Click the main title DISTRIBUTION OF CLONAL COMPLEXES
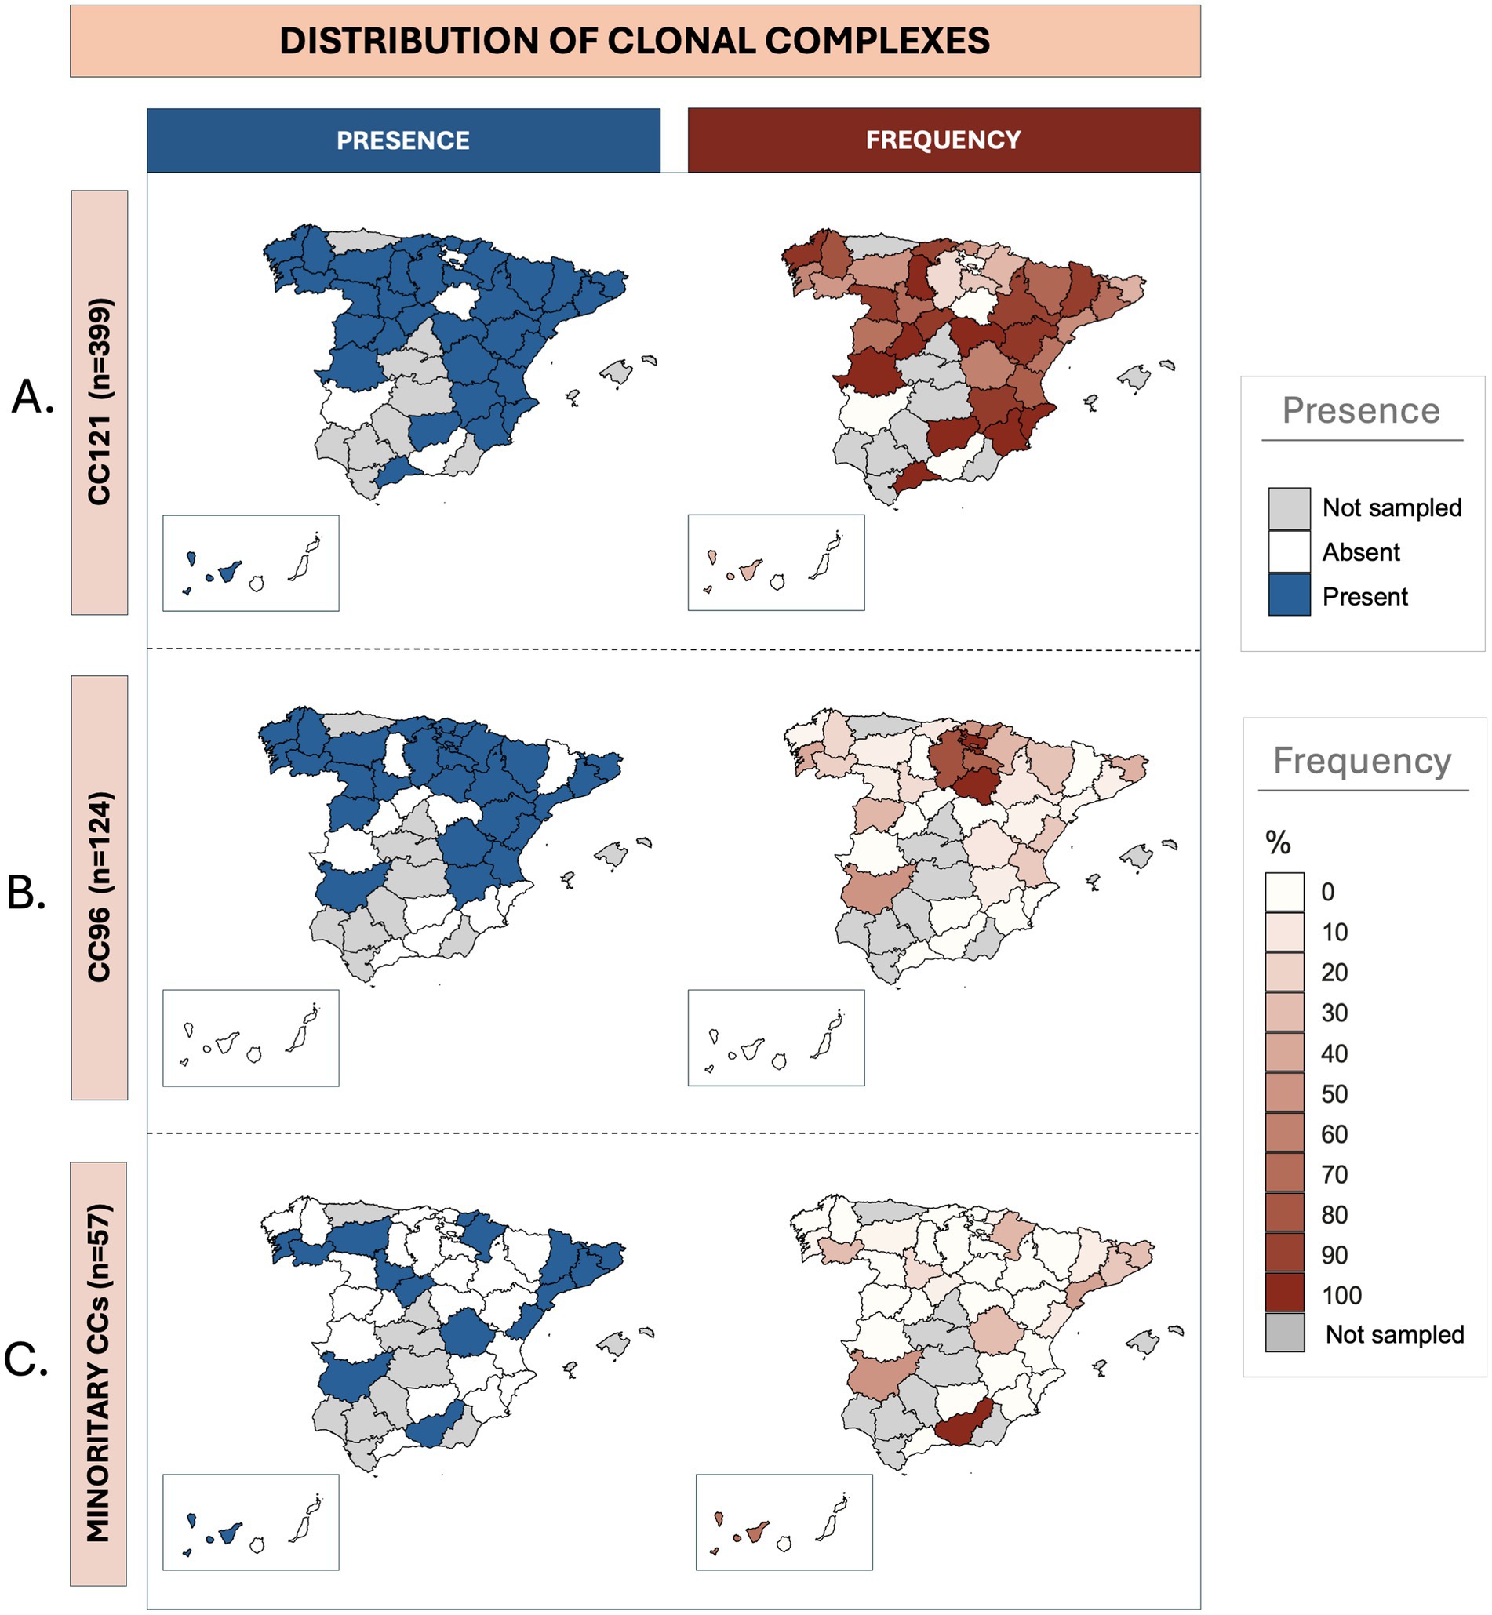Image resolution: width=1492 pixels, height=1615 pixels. (635, 41)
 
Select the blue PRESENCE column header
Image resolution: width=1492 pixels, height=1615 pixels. (403, 140)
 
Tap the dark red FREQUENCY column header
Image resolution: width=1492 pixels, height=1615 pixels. (943, 140)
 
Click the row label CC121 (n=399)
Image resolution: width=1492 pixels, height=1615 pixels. (100, 402)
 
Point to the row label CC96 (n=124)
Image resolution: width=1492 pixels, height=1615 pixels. (100, 887)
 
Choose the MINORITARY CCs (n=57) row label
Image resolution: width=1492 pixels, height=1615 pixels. (99, 1373)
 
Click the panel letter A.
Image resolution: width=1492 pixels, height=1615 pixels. (32, 397)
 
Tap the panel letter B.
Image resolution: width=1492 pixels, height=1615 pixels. (26, 893)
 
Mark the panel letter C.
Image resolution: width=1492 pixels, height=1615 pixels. (26, 1359)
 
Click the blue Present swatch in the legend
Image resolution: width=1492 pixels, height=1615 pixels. (1289, 595)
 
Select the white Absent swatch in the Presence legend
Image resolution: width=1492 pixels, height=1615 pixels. (1289, 552)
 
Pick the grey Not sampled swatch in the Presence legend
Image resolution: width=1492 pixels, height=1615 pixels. (1289, 507)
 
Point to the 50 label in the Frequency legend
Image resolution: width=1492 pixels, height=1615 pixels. (1334, 1093)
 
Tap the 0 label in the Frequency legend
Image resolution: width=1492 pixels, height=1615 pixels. (1327, 892)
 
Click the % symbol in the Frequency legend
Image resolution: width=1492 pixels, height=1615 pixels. (1277, 843)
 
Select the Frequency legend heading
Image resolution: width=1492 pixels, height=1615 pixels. (1362, 761)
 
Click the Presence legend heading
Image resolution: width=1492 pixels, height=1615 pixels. (1361, 411)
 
